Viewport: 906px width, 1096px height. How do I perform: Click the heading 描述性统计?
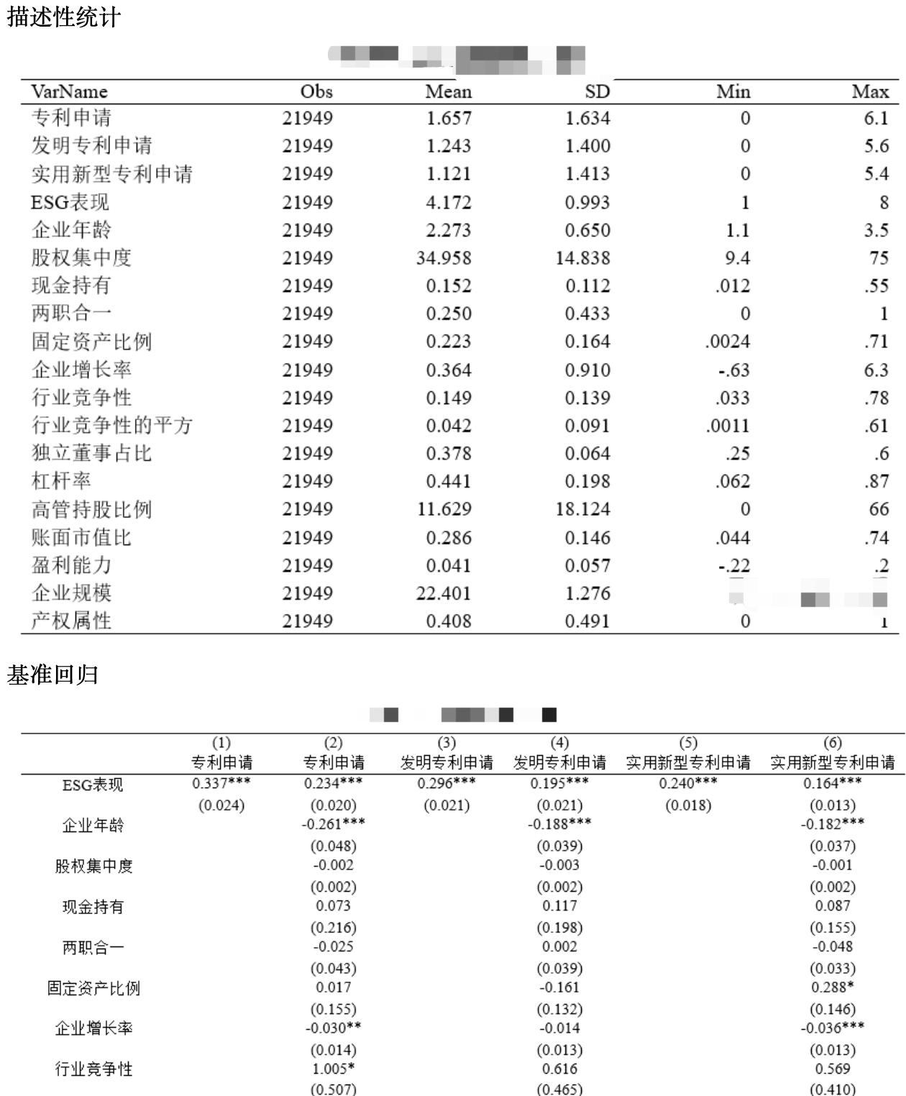63,17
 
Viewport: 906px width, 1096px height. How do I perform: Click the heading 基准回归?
52,675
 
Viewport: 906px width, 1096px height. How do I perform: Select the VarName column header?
69,91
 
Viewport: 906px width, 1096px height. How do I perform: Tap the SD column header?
597,91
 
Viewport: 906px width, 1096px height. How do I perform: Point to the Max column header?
870,91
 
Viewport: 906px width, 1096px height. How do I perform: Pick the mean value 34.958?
444,257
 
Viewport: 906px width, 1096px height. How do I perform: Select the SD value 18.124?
582,509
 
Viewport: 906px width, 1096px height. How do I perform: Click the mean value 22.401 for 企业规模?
444,593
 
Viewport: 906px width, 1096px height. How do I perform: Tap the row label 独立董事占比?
91,453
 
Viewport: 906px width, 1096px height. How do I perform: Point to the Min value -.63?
733,370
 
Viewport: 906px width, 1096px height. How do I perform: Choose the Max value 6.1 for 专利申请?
876,118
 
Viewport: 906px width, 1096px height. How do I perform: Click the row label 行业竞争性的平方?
111,425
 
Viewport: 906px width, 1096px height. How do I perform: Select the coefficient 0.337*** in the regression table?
221,783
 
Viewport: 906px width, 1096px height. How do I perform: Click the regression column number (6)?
832,743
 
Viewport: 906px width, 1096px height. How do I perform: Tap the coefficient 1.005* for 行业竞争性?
334,1069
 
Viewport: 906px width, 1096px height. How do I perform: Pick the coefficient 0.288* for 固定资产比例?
833,987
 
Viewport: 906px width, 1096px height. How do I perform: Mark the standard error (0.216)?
334,928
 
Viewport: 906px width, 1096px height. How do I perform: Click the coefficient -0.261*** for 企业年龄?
333,824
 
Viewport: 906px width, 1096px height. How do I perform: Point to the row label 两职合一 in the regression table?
93,948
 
